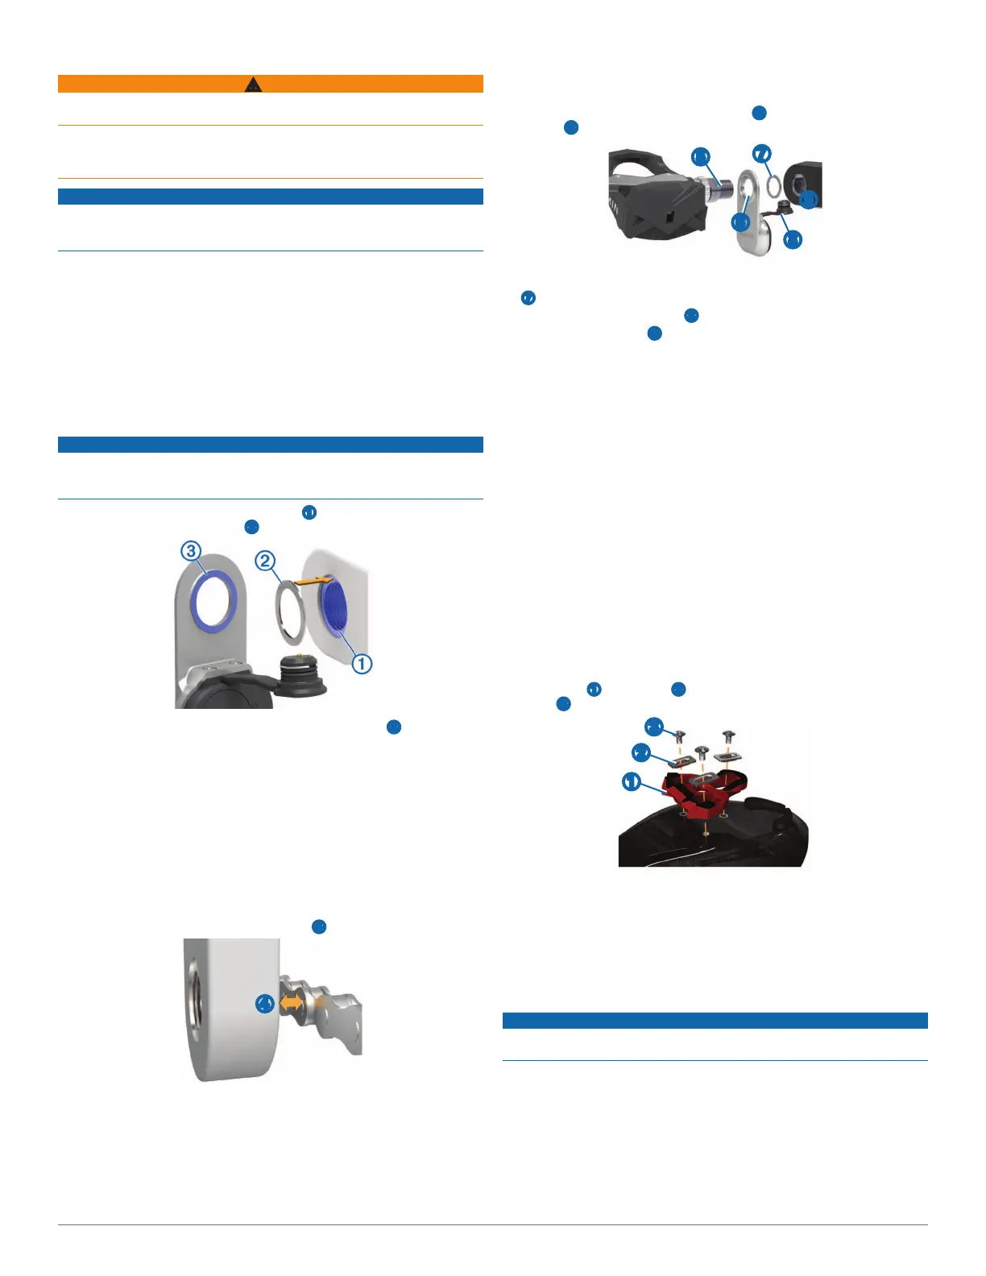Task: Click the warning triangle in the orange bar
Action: [x=253, y=84]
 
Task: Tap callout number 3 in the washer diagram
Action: [x=190, y=551]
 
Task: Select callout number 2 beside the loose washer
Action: [x=266, y=561]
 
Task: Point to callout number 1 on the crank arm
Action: [x=362, y=664]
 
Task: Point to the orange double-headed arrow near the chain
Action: [x=293, y=1004]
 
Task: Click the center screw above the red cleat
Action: [x=702, y=752]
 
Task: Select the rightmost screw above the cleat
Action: [x=729, y=735]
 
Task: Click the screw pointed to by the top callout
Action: [x=679, y=735]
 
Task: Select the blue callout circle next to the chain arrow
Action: [x=265, y=1004]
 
